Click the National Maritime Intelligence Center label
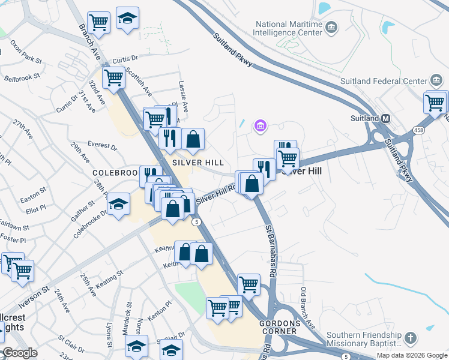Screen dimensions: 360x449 (x=288, y=28)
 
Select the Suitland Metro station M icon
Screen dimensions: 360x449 (x=385, y=118)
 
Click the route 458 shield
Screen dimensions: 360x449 (x=418, y=130)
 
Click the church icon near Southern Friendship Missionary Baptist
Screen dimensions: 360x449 (x=411, y=338)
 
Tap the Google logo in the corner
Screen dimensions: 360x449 (x=19, y=353)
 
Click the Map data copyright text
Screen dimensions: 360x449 (x=412, y=355)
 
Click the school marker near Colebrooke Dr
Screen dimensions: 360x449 (x=119, y=204)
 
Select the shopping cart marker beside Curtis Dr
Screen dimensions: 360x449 (x=113, y=77)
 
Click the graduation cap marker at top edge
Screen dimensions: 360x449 (x=127, y=19)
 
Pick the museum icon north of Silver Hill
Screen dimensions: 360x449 (x=261, y=125)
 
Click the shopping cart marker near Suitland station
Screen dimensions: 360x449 (x=435, y=101)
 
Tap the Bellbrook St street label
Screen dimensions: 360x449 (x=22, y=77)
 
